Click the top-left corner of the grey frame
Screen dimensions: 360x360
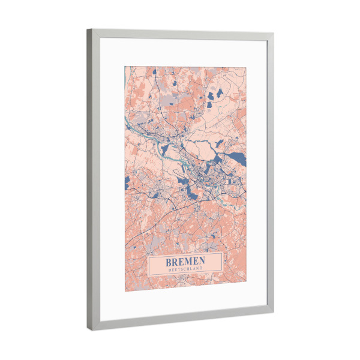pyautogui.click(x=87, y=29)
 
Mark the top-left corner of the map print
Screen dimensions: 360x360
pyautogui.click(x=125, y=65)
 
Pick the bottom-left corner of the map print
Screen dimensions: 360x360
pyautogui.click(x=125, y=291)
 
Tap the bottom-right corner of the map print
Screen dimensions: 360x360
pyautogui.click(x=246, y=283)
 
